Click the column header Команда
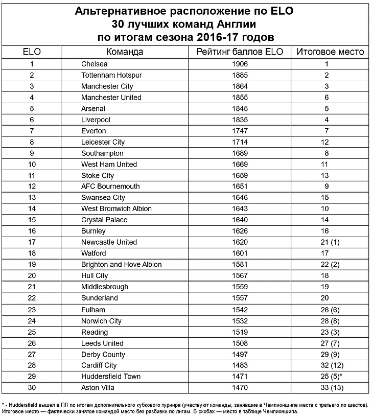(125, 52)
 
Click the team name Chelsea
(95, 64)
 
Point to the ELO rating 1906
(239, 64)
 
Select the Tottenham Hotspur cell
(111, 75)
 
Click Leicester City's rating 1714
(239, 142)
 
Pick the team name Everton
(94, 131)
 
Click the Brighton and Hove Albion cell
(121, 265)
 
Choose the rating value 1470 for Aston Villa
(239, 388)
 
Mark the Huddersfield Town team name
(110, 377)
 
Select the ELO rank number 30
(32, 388)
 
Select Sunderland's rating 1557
(239, 298)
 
